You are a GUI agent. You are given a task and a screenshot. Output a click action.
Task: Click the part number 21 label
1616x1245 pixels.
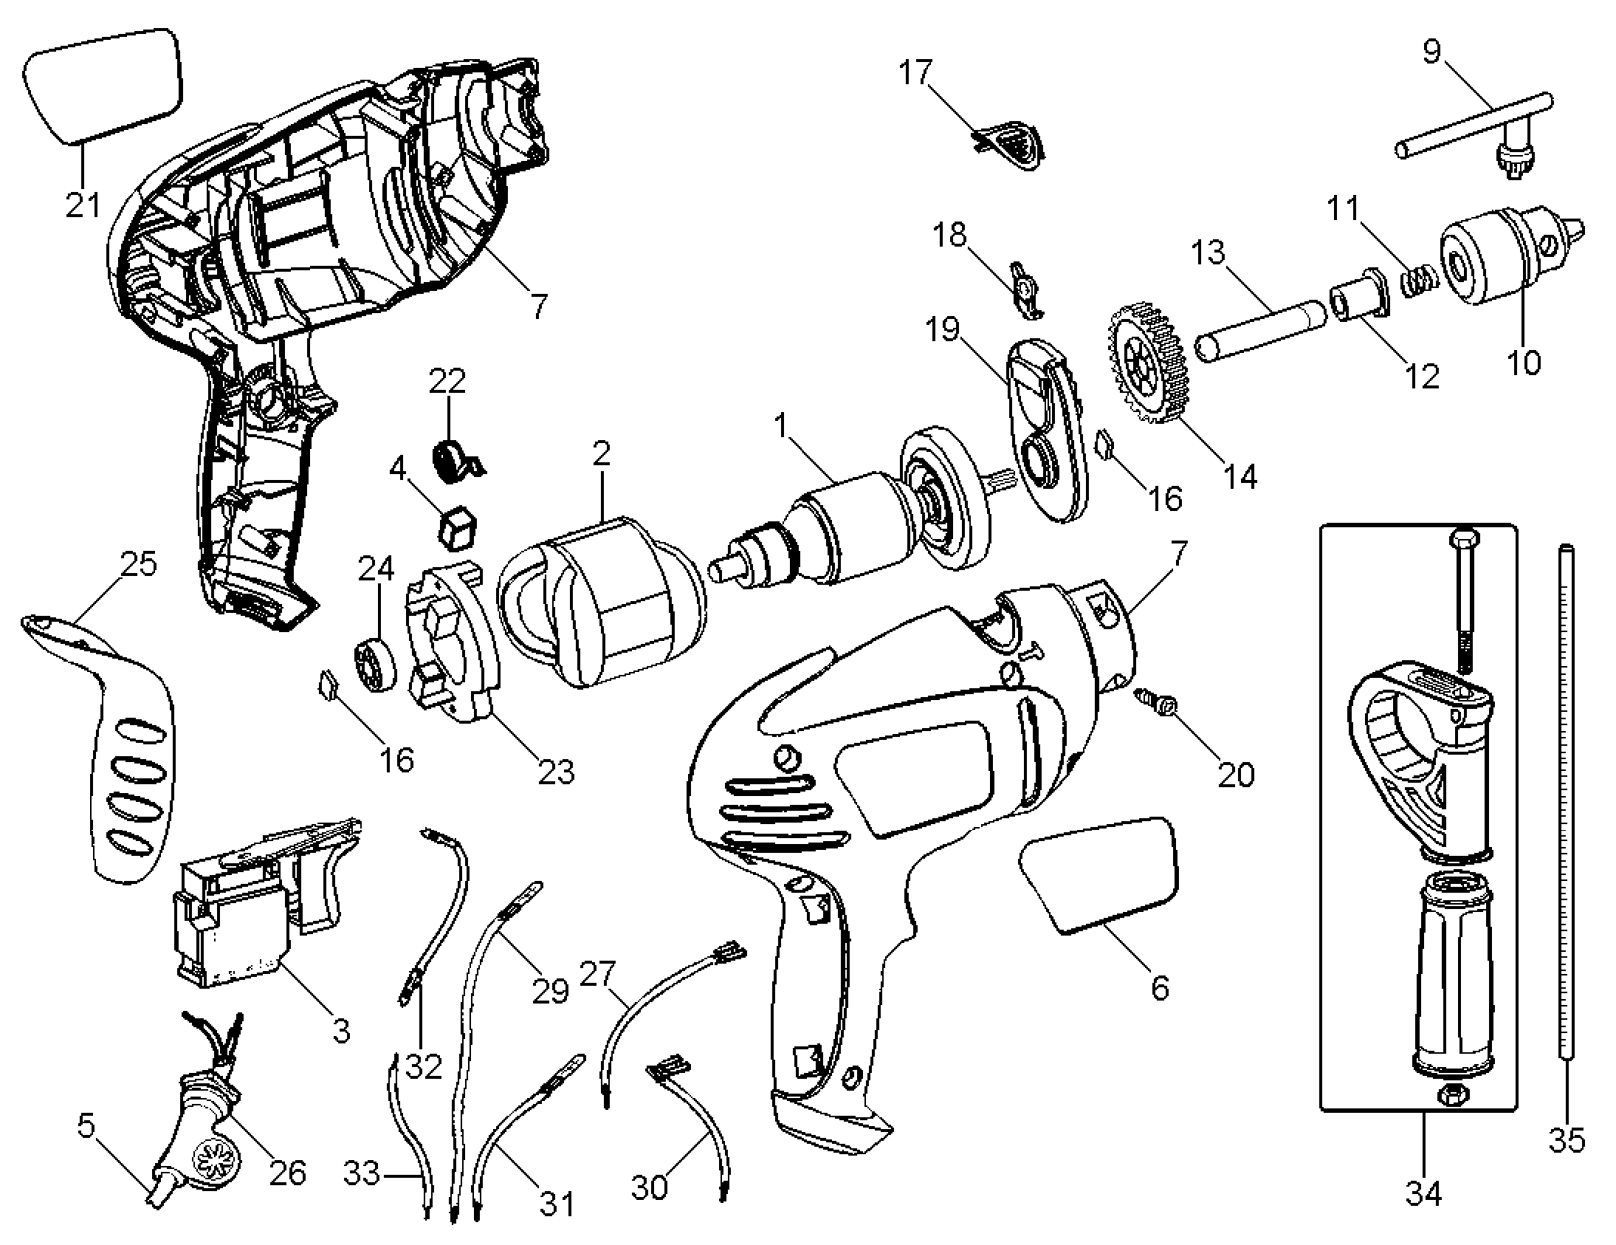83,205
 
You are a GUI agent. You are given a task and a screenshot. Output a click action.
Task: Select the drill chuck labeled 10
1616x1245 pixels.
1513,257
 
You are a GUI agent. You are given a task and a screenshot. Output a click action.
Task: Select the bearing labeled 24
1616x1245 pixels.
374,665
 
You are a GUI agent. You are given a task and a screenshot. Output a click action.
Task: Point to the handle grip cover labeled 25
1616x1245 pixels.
99,747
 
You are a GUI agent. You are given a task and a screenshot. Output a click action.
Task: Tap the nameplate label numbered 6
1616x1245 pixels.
1099,876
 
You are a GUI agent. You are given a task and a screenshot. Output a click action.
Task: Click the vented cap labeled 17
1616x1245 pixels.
1008,144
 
